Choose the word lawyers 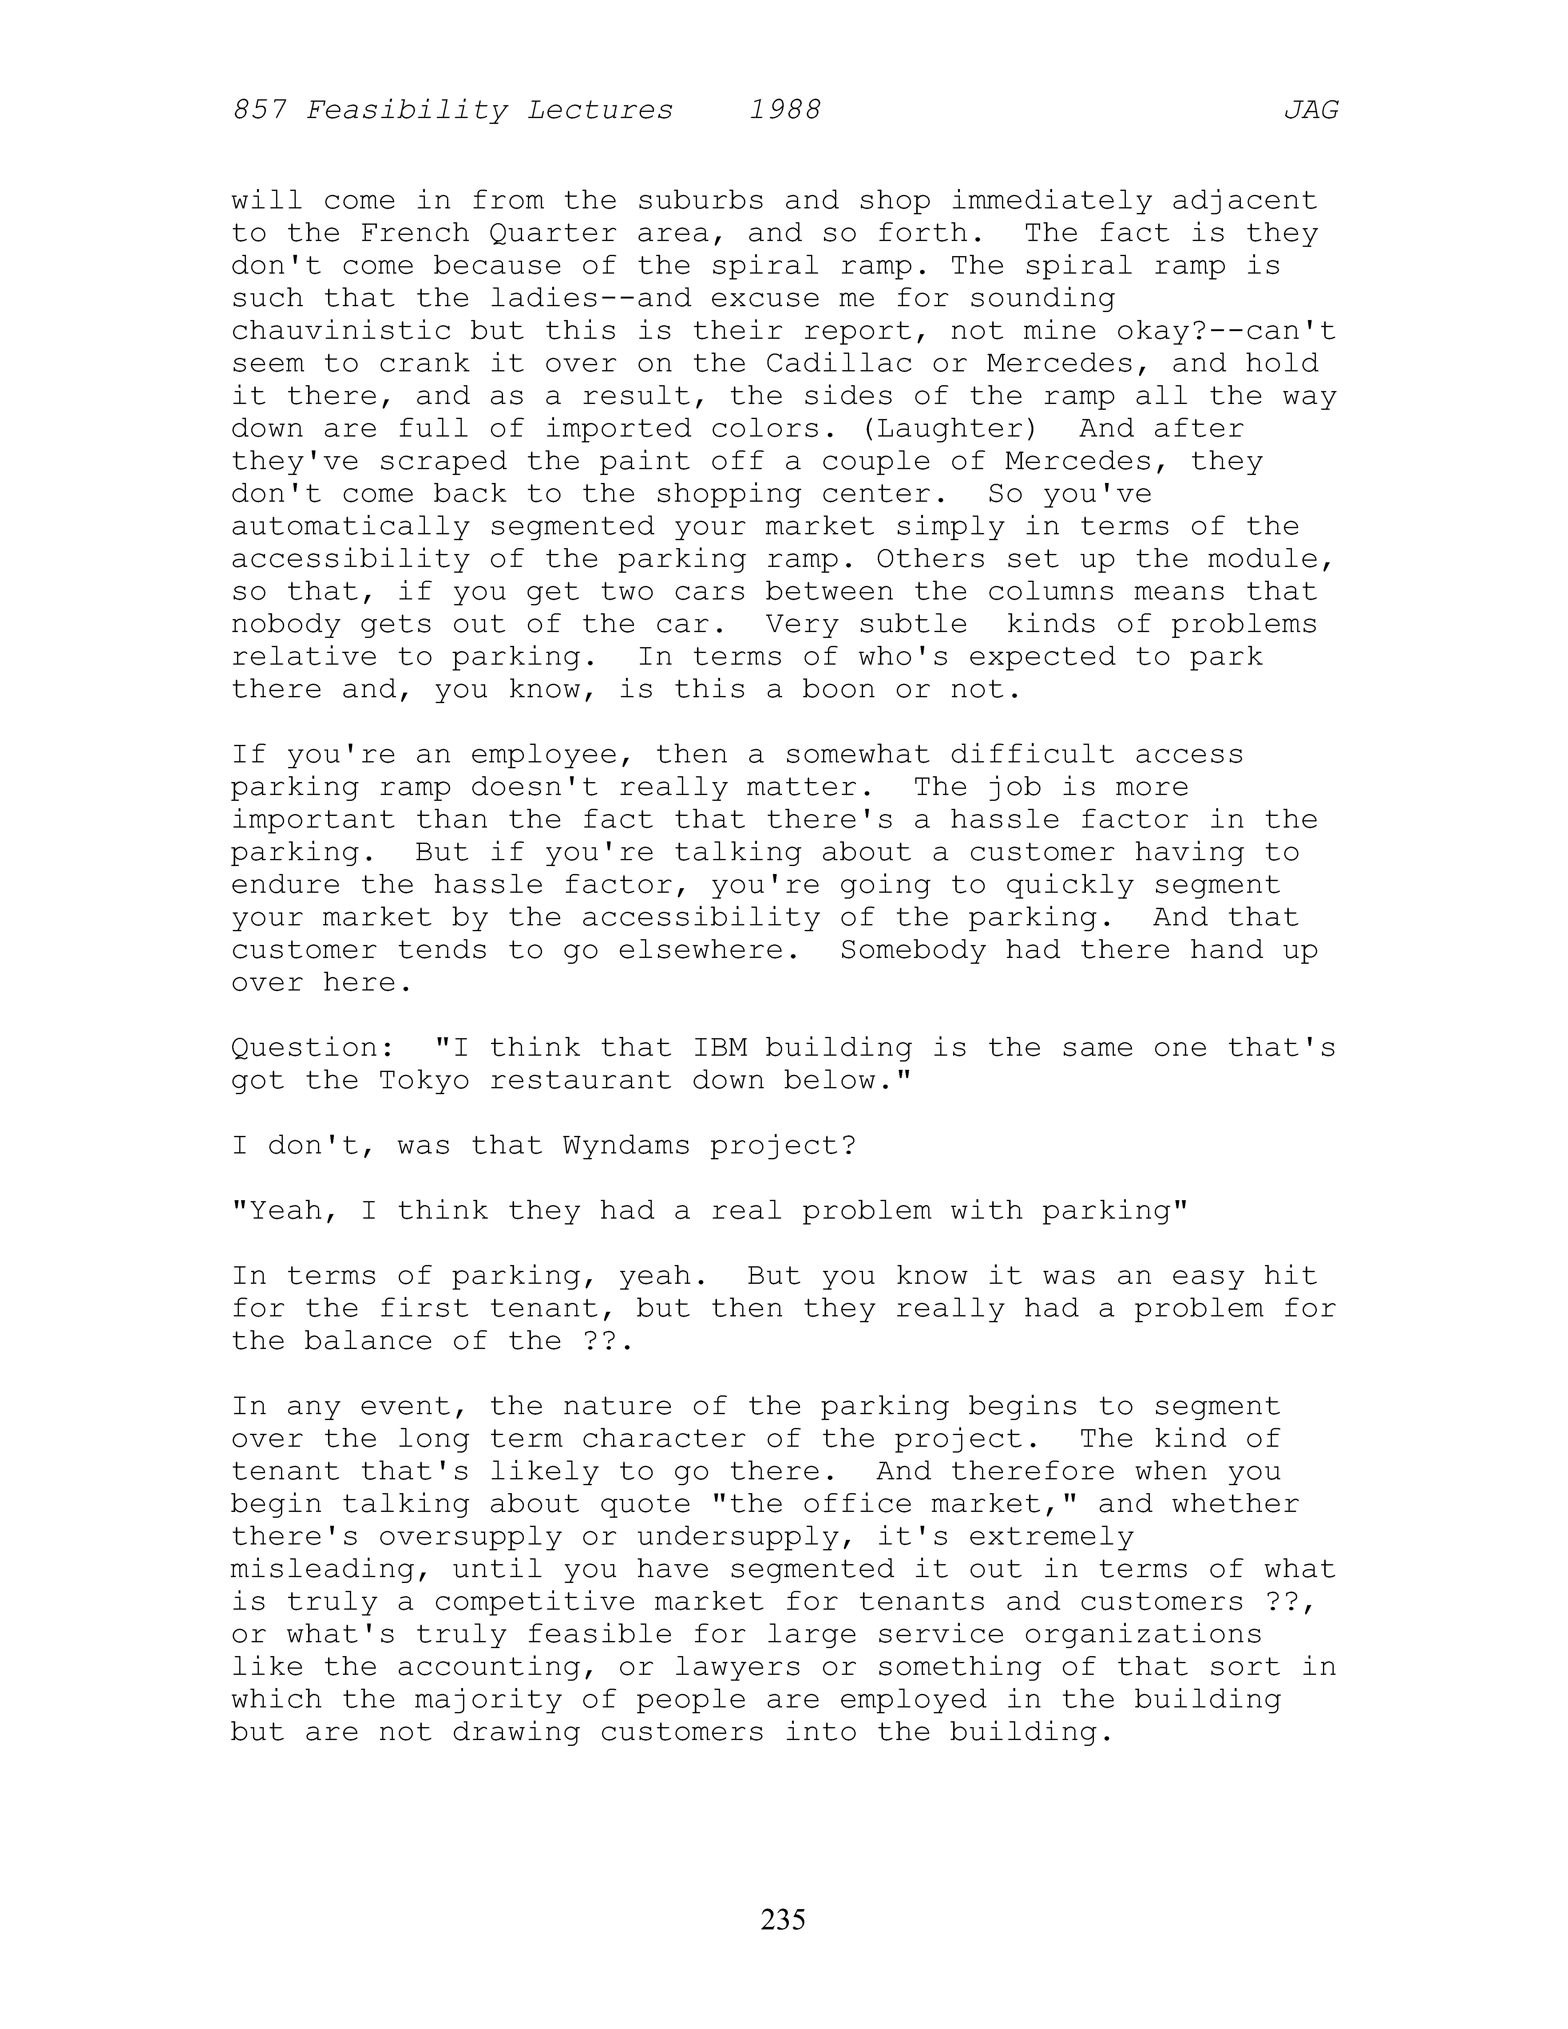[738, 1667]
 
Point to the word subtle [912, 624]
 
